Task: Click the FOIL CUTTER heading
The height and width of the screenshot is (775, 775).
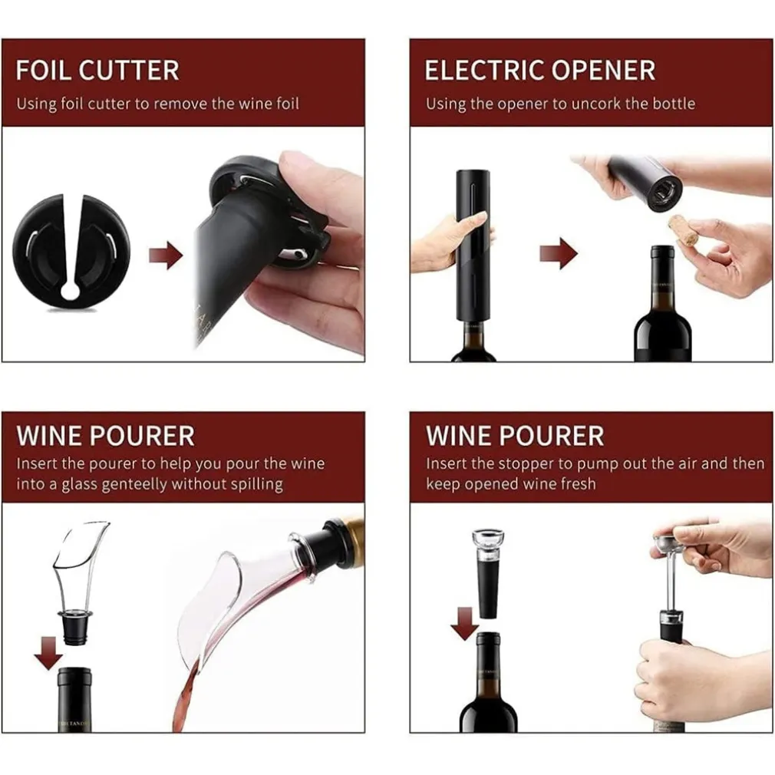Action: pyautogui.click(x=97, y=70)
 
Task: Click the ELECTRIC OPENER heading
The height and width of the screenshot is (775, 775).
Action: pyautogui.click(x=539, y=70)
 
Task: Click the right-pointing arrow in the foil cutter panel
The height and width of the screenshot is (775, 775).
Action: pyautogui.click(x=165, y=256)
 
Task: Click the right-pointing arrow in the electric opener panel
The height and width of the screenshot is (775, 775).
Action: pyautogui.click(x=558, y=253)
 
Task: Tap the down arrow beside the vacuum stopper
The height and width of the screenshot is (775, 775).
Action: pyautogui.click(x=464, y=622)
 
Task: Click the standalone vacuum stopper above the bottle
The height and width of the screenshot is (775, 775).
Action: pyautogui.click(x=487, y=572)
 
